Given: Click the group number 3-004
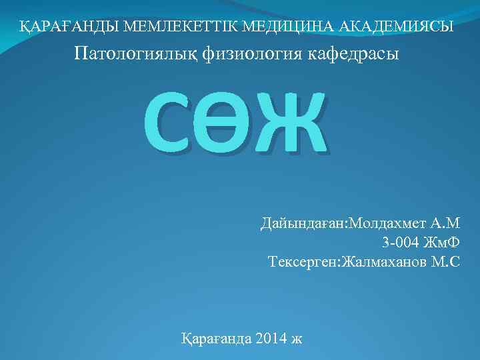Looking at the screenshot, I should (x=402, y=242).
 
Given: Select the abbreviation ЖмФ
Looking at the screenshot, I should (x=443, y=242).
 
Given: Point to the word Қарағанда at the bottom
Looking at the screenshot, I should (x=217, y=338).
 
